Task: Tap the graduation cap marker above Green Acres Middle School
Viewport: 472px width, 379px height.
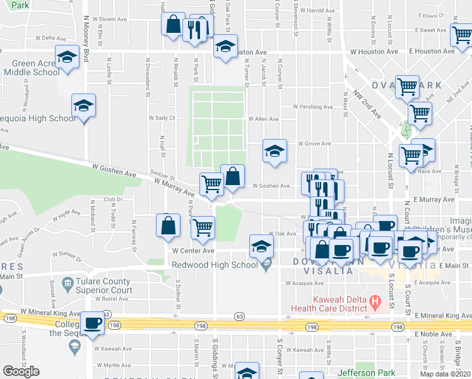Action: point(66,58)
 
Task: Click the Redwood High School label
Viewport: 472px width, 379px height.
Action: point(214,263)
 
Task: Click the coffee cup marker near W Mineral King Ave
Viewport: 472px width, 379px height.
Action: point(93,323)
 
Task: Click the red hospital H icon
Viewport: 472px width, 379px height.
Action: point(375,302)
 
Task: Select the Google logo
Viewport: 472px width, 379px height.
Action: point(21,371)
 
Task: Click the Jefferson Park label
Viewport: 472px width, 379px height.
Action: point(367,373)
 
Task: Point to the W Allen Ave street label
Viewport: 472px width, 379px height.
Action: point(263,119)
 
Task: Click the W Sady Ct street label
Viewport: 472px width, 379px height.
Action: point(162,117)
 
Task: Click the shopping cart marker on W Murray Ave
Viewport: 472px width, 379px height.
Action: point(211,184)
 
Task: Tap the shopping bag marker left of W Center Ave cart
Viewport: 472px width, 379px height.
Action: point(168,226)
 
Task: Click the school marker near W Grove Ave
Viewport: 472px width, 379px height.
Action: point(274,152)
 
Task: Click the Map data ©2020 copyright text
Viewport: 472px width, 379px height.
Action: point(445,374)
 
